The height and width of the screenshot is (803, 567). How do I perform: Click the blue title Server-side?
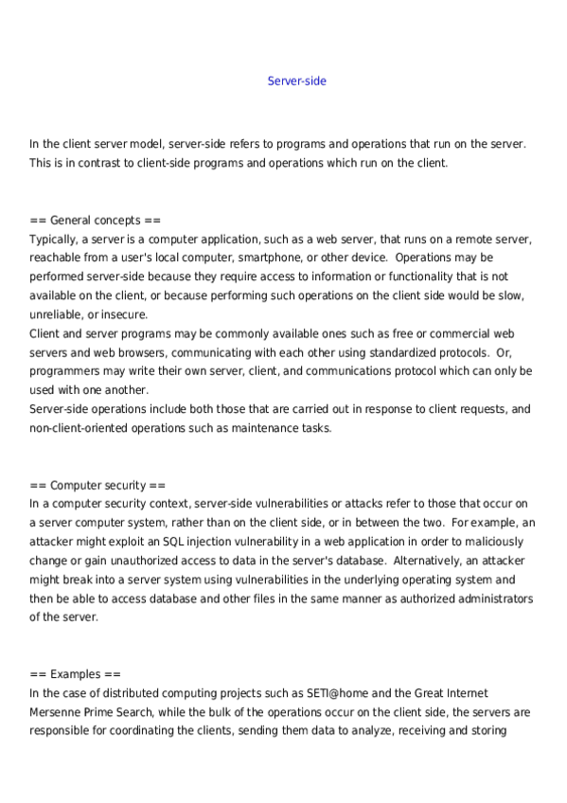pyautogui.click(x=296, y=81)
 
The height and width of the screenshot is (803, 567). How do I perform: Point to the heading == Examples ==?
pyautogui.click(x=75, y=674)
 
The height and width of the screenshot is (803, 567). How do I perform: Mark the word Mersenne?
pyautogui.click(x=57, y=712)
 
